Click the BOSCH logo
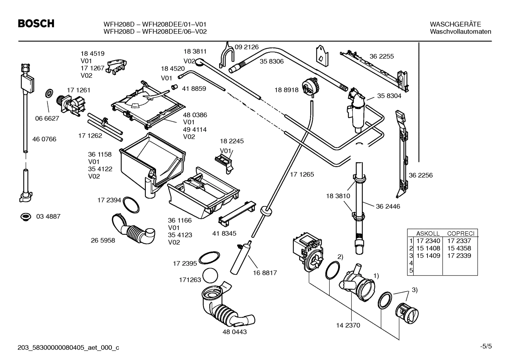[36, 24]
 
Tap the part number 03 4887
[48, 216]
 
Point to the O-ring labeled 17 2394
[131, 205]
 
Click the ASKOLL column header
[428, 234]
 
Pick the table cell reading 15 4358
[459, 248]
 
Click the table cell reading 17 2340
[428, 241]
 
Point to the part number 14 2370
[348, 325]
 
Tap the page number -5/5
[485, 347]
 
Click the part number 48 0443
[235, 332]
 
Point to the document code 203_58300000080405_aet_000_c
[68, 348]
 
